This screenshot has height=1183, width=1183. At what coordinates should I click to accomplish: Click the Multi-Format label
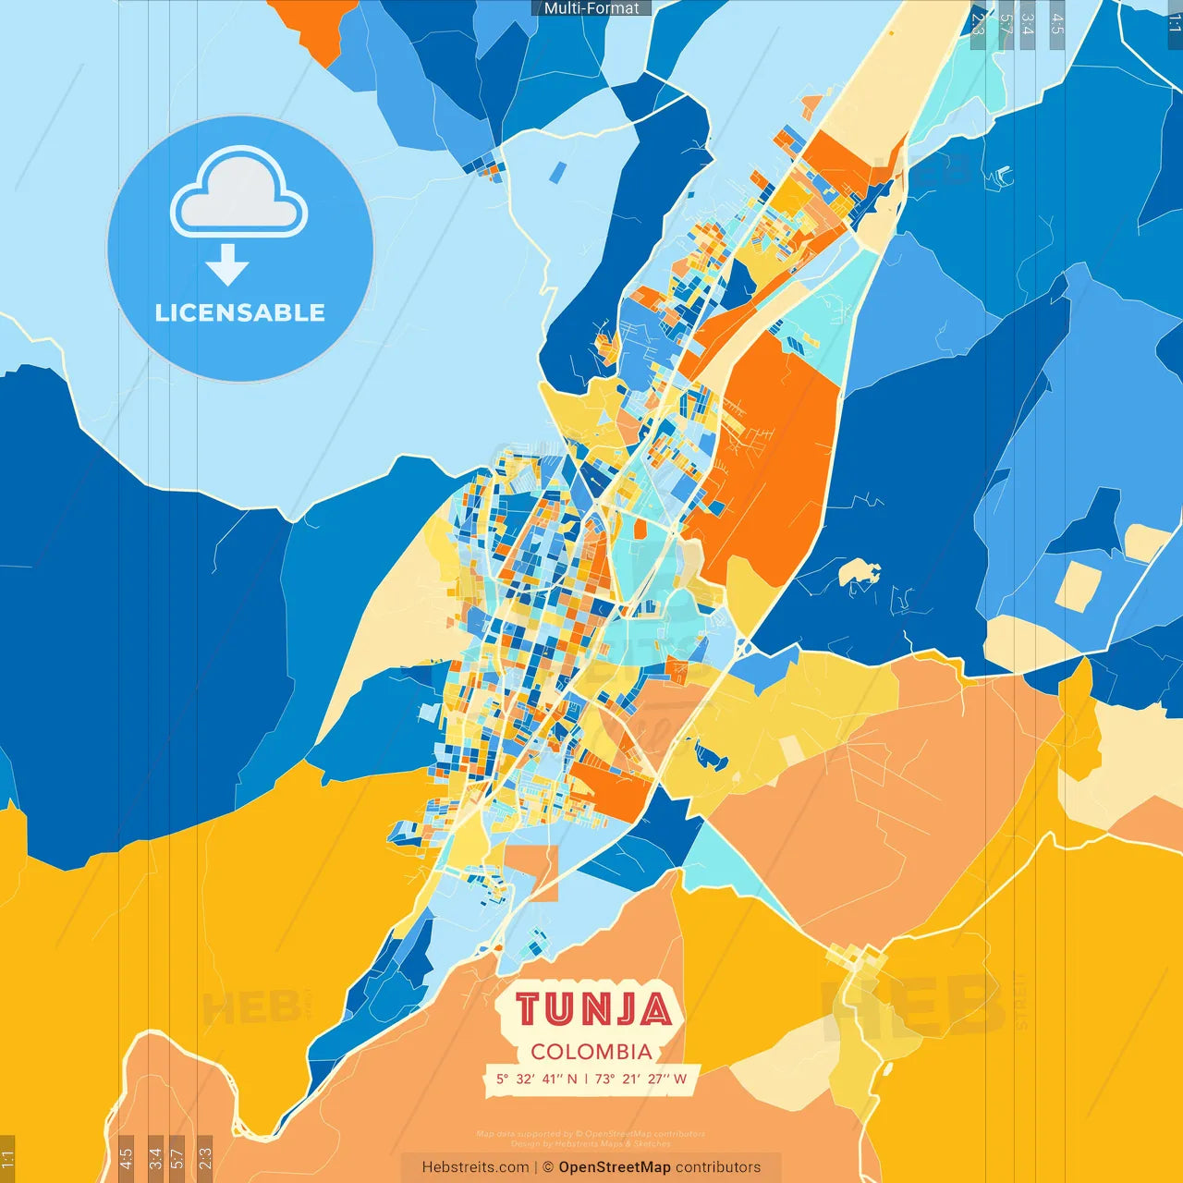click(591, 8)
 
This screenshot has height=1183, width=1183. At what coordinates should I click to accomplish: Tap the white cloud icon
click(238, 196)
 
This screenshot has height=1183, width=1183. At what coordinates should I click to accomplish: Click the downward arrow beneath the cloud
click(227, 266)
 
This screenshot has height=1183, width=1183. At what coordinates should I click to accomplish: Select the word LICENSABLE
click(240, 313)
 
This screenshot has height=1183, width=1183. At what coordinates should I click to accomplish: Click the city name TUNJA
click(592, 1009)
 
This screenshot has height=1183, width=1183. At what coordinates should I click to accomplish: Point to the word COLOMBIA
click(591, 1052)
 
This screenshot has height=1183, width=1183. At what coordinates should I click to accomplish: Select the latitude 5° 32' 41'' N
click(536, 1079)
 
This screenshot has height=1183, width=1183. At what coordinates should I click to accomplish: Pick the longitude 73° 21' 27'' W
click(641, 1079)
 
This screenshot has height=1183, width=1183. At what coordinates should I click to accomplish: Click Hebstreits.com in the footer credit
click(475, 1167)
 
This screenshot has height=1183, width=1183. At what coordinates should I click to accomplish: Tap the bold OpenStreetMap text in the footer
click(614, 1167)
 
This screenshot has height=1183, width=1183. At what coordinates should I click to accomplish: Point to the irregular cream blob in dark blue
click(858, 572)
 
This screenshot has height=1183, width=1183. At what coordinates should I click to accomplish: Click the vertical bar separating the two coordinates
click(586, 1079)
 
